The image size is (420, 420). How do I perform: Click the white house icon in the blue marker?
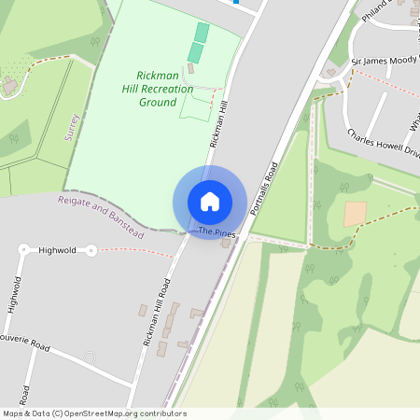point(210,202)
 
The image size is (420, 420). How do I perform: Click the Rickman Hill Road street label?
point(157,313)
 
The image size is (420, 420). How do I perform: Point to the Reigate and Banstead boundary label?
point(101,216)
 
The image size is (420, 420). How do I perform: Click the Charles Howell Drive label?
point(384,139)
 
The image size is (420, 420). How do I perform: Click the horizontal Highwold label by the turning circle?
point(58,250)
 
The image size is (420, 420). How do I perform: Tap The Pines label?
point(214,231)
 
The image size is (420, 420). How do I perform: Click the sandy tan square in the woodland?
point(356,214)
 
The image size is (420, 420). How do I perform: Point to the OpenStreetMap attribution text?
point(94,413)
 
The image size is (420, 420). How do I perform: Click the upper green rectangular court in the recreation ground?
point(203,33)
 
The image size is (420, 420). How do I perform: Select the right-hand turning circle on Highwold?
point(91,250)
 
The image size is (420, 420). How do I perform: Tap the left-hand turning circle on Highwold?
point(23,250)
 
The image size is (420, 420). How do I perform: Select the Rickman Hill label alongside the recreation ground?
point(219,125)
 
